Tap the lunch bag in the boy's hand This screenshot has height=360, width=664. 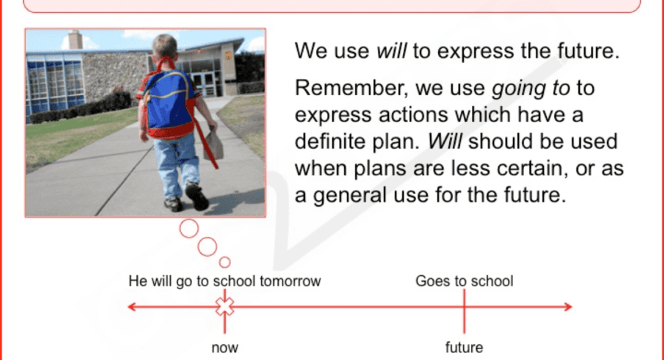[213, 145]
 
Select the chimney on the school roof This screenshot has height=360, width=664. [75, 40]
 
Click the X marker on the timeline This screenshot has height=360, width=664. [224, 306]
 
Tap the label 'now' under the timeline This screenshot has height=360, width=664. [224, 348]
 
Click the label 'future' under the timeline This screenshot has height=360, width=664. [464, 348]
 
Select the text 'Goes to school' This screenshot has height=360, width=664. [464, 282]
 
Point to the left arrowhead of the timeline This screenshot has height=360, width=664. [132, 306]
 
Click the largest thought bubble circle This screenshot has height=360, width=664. [189, 228]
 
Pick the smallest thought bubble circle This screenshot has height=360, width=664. [225, 262]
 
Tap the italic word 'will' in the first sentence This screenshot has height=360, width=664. [391, 51]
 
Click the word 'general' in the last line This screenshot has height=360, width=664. [353, 195]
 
